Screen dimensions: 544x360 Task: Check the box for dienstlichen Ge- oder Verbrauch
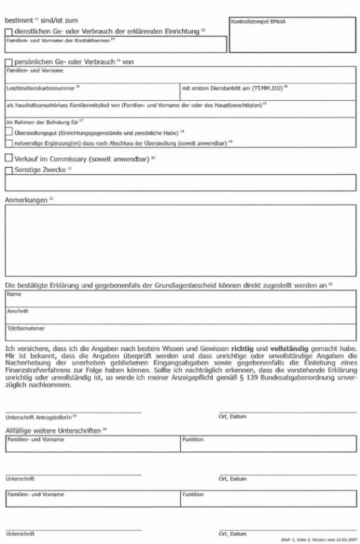click(x=8, y=31)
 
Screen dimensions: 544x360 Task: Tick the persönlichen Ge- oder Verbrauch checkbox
click(x=8, y=62)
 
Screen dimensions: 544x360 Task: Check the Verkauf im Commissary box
click(x=8, y=159)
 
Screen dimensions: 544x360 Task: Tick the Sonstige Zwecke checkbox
click(x=8, y=170)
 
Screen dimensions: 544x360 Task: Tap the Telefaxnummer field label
click(x=25, y=328)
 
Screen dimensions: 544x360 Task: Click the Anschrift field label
click(x=18, y=311)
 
